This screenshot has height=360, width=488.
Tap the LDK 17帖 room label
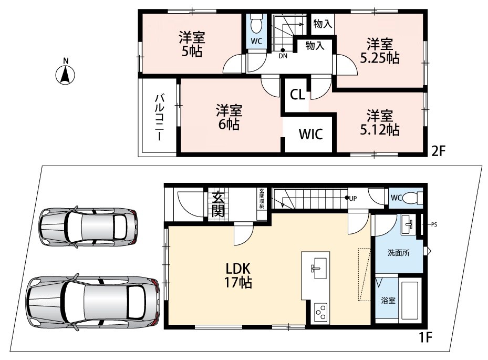(x=238, y=275)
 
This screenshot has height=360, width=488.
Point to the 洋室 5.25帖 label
(x=380, y=51)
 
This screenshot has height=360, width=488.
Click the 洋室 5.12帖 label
(x=380, y=122)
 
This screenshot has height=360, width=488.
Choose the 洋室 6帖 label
(x=229, y=117)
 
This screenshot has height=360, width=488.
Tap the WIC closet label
(x=310, y=134)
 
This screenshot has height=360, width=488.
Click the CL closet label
(x=297, y=95)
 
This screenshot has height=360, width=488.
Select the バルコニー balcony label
(x=159, y=117)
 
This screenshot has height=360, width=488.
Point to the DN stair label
(x=283, y=56)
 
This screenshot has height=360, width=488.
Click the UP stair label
(x=352, y=198)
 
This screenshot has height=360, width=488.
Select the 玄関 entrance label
(x=218, y=204)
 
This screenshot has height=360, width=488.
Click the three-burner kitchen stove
(x=320, y=312)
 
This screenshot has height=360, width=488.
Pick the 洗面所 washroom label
(x=398, y=253)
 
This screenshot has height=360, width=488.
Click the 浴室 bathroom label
(x=388, y=301)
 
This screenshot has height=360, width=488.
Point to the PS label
(x=434, y=224)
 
